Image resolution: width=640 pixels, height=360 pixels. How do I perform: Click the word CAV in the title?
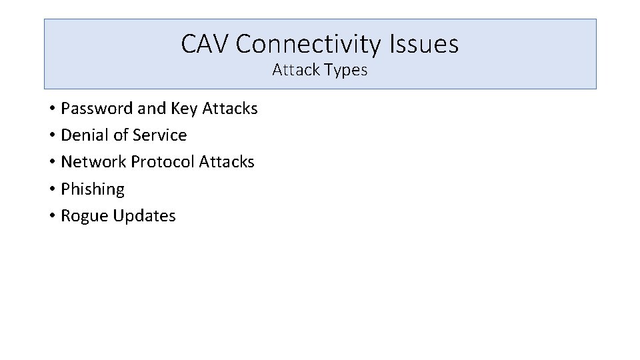205,45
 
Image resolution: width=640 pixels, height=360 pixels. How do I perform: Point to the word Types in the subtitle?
346,70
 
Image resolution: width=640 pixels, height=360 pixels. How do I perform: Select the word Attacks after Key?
229,108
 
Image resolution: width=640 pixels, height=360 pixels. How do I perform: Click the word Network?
93,162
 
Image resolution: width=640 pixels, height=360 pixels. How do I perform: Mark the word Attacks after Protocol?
227,162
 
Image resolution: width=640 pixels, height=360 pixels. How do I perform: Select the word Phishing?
93,189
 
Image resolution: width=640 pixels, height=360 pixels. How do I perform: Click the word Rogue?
85,216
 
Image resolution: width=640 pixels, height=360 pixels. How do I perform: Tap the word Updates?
144,216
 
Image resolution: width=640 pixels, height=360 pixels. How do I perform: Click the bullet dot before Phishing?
51,189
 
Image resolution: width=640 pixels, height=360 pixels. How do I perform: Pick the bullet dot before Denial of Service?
51,135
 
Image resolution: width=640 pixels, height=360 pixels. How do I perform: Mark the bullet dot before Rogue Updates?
51,216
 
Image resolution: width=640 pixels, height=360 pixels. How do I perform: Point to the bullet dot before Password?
51,109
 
